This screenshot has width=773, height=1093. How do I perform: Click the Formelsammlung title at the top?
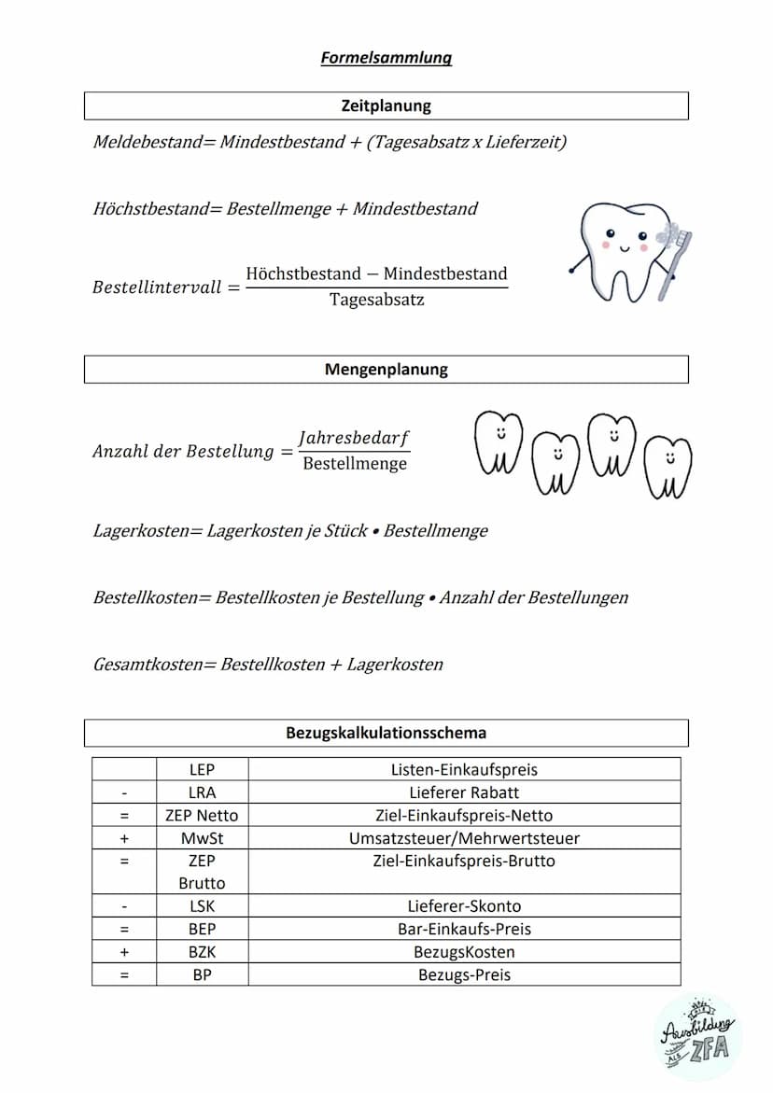(x=386, y=58)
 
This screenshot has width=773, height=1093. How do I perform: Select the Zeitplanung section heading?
(x=386, y=106)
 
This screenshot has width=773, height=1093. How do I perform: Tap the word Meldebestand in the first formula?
(x=146, y=142)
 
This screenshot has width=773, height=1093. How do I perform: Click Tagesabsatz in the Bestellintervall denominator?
(x=376, y=300)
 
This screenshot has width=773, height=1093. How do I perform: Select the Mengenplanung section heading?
(x=386, y=370)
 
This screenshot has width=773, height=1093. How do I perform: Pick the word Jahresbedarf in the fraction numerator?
(x=354, y=438)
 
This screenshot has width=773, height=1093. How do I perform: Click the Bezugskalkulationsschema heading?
(x=386, y=733)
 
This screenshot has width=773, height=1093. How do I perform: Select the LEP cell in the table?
(x=202, y=770)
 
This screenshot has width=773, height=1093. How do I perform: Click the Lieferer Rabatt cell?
(x=464, y=792)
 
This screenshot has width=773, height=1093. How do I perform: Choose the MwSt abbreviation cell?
(x=202, y=838)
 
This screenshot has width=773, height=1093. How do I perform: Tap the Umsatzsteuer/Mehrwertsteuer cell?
(x=464, y=838)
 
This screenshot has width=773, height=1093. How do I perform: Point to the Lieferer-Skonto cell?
(x=464, y=906)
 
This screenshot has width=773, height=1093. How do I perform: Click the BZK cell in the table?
(x=202, y=952)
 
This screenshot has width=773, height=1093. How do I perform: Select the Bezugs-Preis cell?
(x=464, y=974)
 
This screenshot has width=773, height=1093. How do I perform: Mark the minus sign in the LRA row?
(x=124, y=792)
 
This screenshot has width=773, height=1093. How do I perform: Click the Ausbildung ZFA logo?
(x=696, y=1037)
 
